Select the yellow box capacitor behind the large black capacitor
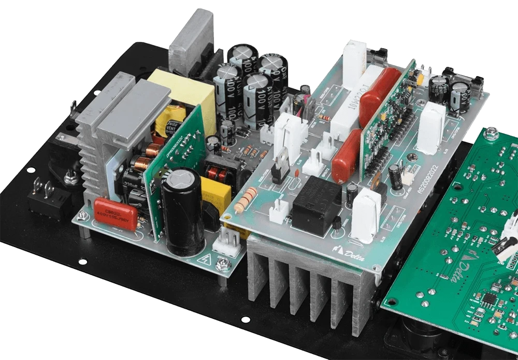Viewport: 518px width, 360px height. [215, 193]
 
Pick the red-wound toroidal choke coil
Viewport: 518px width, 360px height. [218, 171]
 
